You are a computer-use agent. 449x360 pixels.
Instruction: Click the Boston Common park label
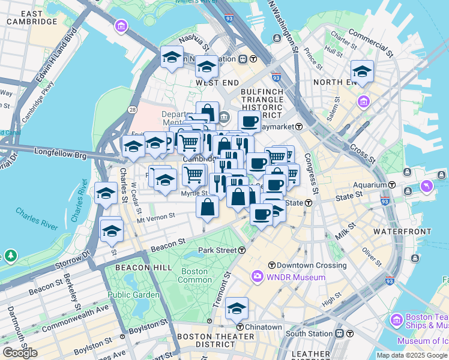click(195, 276)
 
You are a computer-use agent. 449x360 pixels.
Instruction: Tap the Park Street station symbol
click(242, 250)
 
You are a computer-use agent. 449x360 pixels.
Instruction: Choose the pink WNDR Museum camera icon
click(258, 277)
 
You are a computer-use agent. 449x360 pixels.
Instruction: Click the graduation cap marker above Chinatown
click(237, 309)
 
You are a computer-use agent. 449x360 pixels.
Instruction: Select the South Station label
click(309, 334)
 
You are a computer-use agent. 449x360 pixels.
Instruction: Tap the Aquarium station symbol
click(391, 185)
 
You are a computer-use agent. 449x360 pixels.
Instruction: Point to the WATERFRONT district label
click(402, 232)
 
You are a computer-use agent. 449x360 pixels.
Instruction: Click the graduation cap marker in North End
click(362, 72)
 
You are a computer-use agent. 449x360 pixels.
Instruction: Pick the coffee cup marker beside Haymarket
click(249, 122)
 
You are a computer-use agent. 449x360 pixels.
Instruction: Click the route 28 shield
click(131, 109)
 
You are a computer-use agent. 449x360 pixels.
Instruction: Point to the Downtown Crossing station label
click(300, 265)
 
